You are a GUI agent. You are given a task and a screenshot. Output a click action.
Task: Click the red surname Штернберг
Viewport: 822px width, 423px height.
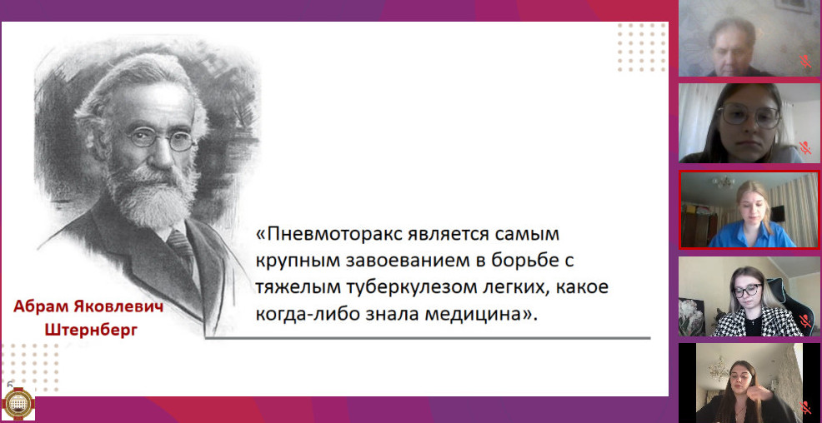click(91, 330)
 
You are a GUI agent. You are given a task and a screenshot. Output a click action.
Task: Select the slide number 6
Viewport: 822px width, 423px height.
click(10, 383)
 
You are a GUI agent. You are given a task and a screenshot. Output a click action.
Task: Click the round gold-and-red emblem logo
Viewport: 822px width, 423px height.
click(18, 404)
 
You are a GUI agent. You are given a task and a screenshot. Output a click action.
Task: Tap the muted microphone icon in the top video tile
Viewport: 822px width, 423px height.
click(804, 61)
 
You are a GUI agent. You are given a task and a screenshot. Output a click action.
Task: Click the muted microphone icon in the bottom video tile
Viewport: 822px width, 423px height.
click(804, 407)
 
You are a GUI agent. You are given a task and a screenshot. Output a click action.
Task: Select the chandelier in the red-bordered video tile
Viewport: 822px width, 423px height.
click(724, 182)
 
